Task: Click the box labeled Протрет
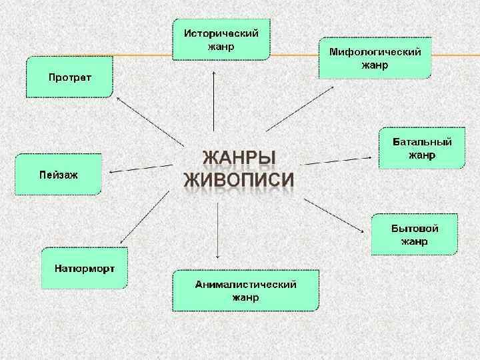coord(69,77)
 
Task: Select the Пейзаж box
coord(59,174)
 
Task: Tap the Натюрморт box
coord(84,268)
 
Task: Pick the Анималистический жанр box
coord(245,291)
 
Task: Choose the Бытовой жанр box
coord(414,234)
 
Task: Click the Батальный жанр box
coord(421,149)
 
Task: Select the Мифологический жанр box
coord(375,59)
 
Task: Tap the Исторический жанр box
coord(221,39)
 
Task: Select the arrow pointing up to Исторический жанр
coord(213,100)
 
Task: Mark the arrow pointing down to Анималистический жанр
coord(218,230)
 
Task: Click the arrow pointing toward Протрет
coord(150,120)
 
